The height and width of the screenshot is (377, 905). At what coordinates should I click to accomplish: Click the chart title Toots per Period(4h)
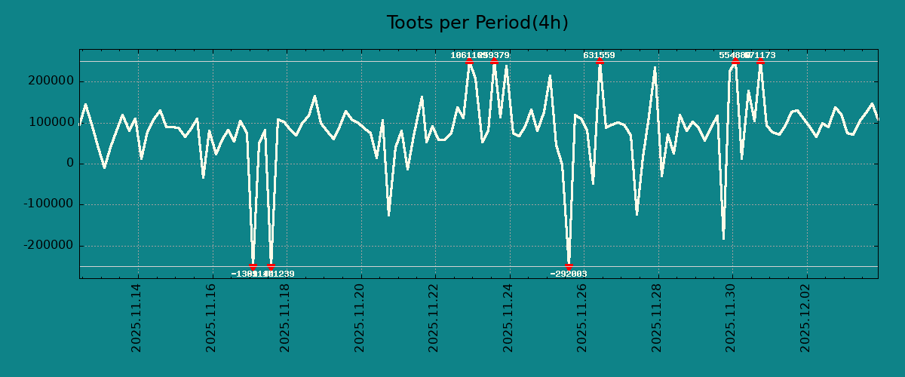[x=477, y=23]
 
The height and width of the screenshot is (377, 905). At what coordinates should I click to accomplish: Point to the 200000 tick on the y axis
[x=50, y=81]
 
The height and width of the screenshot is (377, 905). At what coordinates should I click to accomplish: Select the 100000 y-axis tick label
[x=50, y=122]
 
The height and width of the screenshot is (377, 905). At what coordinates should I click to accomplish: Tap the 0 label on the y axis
[x=70, y=164]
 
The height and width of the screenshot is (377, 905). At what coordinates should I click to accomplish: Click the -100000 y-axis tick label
[x=48, y=204]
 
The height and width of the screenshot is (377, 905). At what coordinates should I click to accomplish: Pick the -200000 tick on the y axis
[x=48, y=246]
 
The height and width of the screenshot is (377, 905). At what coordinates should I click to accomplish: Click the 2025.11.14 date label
[x=137, y=317]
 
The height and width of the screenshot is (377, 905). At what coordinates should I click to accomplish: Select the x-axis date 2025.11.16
[x=211, y=317]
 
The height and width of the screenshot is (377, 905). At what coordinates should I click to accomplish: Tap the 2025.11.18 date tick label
[x=285, y=317]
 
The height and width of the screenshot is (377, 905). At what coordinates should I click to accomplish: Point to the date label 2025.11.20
[x=360, y=317]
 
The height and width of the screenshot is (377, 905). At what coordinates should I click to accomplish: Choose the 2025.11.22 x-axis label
[x=434, y=317]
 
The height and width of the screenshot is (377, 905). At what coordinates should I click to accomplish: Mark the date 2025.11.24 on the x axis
[x=508, y=317]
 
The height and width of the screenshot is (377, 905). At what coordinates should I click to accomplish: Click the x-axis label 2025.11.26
[x=582, y=317]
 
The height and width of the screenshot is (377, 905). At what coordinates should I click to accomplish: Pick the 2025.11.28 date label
[x=657, y=317]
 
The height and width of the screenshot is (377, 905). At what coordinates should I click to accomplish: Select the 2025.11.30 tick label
[x=731, y=317]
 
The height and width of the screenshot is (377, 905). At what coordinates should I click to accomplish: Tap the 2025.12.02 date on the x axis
[x=805, y=317]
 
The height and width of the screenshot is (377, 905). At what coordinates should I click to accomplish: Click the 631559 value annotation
[x=599, y=55]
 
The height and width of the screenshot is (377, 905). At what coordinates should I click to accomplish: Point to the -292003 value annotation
[x=569, y=274]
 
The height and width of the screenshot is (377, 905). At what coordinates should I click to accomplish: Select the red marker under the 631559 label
[x=600, y=62]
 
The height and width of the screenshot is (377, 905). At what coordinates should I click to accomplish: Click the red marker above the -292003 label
[x=569, y=266]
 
